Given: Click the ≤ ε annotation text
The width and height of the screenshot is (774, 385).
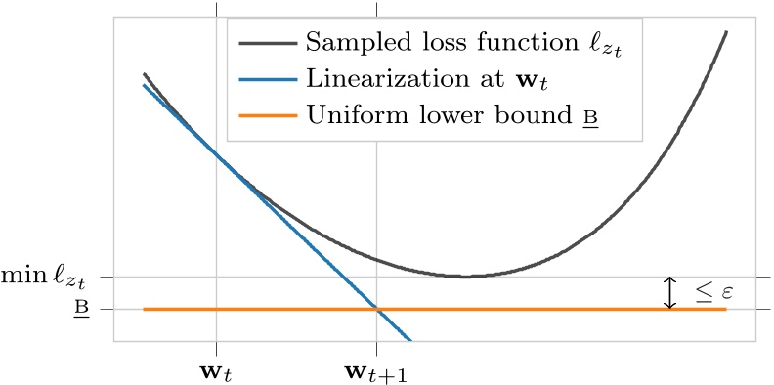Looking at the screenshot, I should point(716,292).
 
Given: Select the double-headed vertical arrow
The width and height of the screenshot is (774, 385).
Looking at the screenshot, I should point(670,293).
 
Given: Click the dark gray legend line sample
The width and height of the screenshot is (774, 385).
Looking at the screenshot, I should point(264,43).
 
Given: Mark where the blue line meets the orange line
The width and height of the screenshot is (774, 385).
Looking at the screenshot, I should point(376,310).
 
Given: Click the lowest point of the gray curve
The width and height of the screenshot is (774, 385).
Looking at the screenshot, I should point(465,277).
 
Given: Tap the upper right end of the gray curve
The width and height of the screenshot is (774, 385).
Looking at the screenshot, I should point(727,32).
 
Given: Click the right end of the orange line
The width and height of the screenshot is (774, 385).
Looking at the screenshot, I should point(726,310).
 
